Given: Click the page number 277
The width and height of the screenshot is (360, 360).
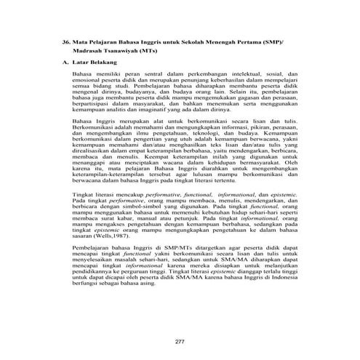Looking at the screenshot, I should pyautogui.click(x=180, y=321).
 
